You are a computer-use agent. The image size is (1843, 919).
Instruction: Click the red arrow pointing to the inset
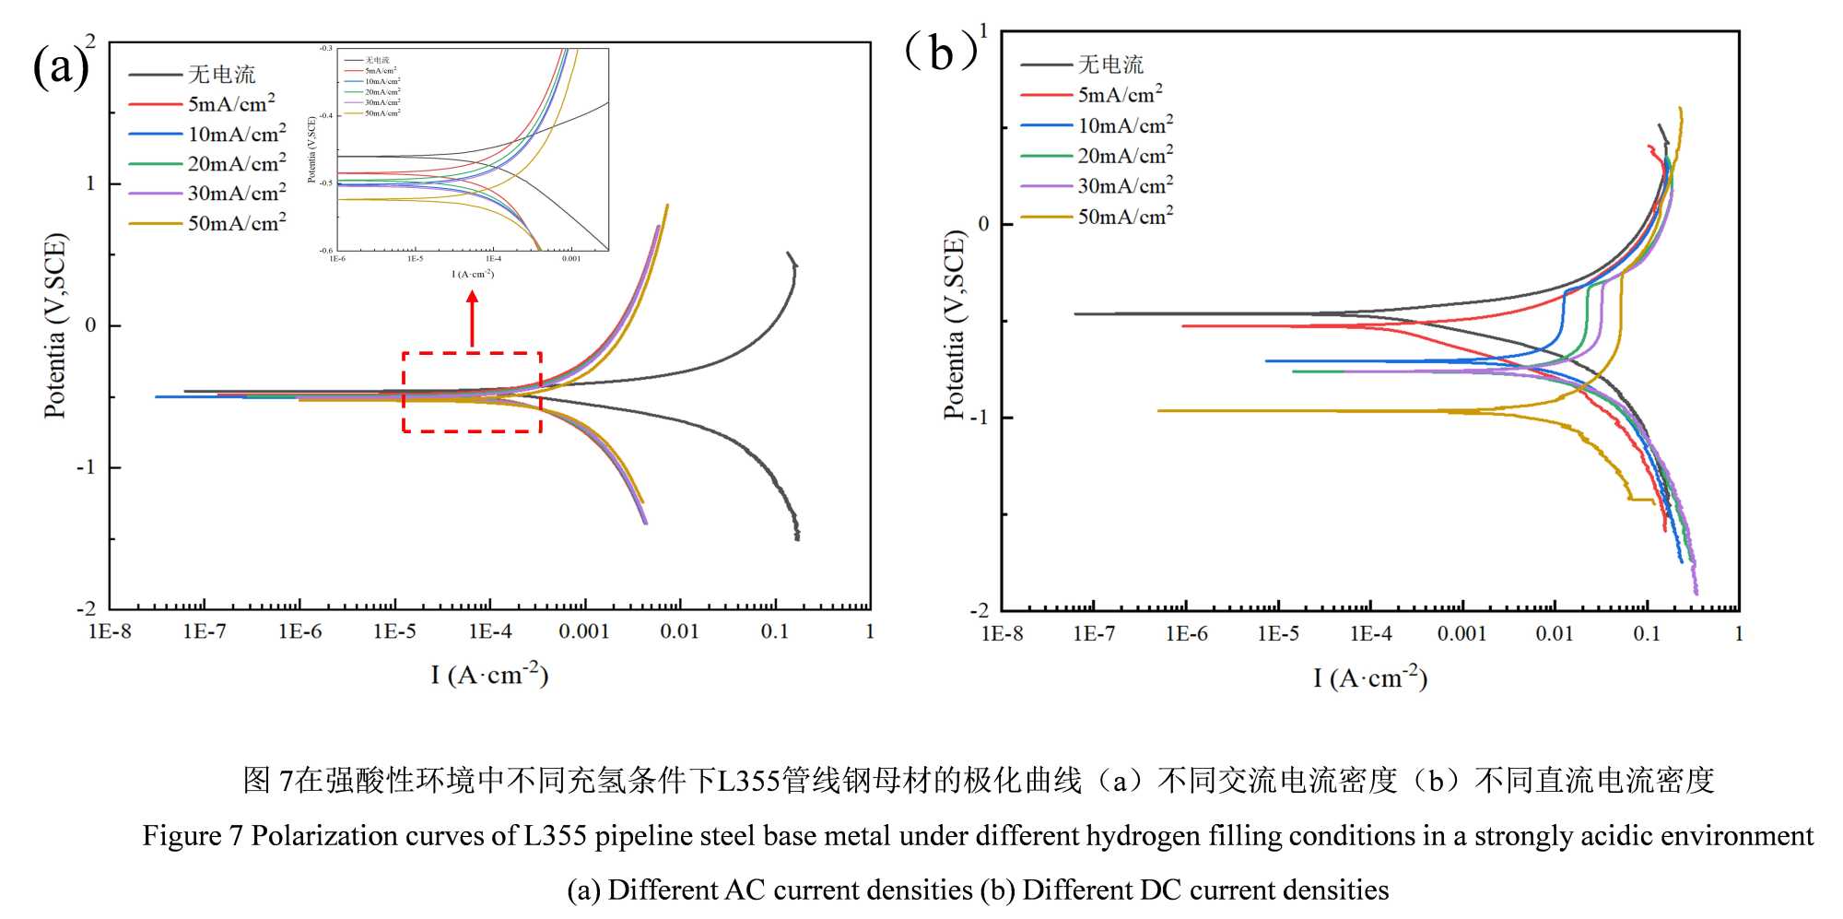(472, 318)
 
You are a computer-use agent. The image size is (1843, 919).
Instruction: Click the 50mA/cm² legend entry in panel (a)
(236, 223)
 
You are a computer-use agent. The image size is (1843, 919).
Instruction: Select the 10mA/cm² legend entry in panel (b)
(1124, 125)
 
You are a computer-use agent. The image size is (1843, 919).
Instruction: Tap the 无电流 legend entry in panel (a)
(221, 75)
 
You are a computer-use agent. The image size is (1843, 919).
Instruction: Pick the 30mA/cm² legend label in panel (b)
(1124, 186)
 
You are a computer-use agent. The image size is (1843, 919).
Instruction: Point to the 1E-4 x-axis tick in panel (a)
(490, 631)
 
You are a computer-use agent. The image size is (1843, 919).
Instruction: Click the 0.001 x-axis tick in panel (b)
(1461, 634)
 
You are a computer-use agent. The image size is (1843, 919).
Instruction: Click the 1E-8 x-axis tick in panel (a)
(110, 631)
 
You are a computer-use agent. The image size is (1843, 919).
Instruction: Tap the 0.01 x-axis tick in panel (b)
(1554, 634)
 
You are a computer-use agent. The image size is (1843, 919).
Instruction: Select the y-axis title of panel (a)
(55, 325)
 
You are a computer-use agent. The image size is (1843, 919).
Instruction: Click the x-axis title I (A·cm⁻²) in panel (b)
(1370, 678)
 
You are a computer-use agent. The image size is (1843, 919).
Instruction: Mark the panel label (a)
(60, 66)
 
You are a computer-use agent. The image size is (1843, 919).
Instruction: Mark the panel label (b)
(940, 52)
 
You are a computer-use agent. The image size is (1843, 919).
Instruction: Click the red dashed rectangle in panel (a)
(472, 353)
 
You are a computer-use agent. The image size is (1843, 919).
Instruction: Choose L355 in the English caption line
(555, 836)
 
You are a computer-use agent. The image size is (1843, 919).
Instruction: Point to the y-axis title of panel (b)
(954, 325)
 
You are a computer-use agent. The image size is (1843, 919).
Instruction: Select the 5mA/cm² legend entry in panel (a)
(230, 104)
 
